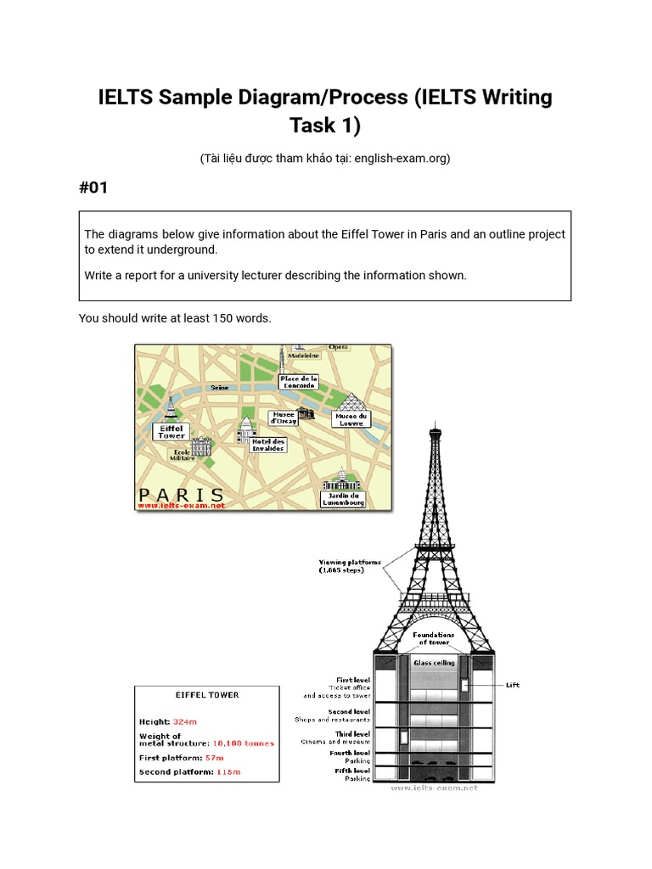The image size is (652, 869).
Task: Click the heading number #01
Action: [x=93, y=188]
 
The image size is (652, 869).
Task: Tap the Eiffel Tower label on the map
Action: [x=171, y=432]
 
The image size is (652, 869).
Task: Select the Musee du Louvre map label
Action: [x=351, y=419]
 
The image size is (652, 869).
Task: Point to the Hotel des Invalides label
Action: [x=267, y=445]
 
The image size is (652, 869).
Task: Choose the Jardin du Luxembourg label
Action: [x=344, y=499]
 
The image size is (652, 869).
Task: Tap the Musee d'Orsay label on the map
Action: [x=283, y=418]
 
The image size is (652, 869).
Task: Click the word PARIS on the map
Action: [x=181, y=494]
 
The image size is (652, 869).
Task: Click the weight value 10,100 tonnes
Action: [x=243, y=743]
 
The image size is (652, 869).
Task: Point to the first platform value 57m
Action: [x=214, y=758]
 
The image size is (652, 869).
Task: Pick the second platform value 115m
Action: [x=228, y=773]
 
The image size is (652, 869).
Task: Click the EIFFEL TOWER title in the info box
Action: [x=207, y=695]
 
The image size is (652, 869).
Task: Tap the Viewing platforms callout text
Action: [x=350, y=566]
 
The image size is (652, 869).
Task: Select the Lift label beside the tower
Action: [x=512, y=685]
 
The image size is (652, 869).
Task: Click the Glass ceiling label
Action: [x=434, y=662]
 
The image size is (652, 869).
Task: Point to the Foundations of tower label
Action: [x=434, y=638]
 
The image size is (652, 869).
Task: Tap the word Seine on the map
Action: [x=220, y=387]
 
